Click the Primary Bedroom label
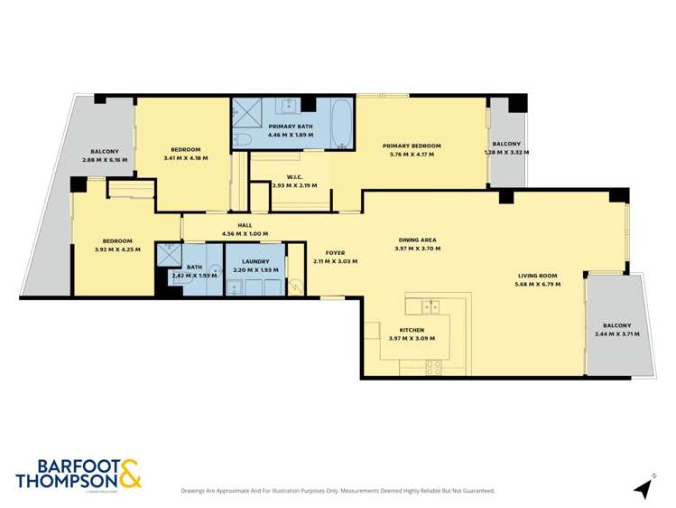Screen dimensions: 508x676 coord(412,146)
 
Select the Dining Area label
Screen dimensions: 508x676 coord(418,240)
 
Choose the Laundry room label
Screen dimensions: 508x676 coord(255,261)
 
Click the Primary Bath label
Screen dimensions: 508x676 coord(291,127)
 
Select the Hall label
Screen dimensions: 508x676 coord(245,226)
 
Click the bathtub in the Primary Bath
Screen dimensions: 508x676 coord(343,125)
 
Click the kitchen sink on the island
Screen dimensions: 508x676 coord(431,306)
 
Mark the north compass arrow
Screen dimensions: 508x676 coord(644,488)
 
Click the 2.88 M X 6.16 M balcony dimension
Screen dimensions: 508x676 coord(105,160)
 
